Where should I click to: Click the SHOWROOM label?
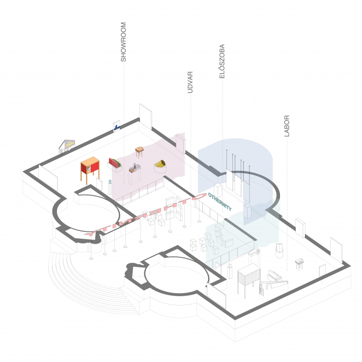tap(123, 42)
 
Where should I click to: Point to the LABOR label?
tap(287, 126)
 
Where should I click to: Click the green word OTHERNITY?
tap(220, 201)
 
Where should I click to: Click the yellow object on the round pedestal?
tap(160, 164)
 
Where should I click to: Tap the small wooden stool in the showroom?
tap(139, 151)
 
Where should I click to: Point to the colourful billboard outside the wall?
tap(68, 144)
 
